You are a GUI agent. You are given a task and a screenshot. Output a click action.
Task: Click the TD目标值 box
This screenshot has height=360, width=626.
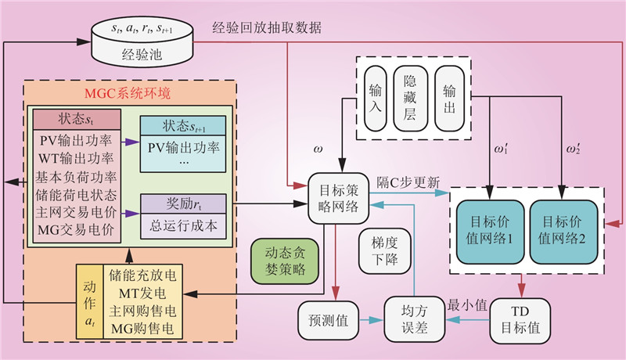tap(520, 318)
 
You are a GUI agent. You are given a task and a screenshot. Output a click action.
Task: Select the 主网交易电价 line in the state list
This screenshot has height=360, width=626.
tap(76, 212)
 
